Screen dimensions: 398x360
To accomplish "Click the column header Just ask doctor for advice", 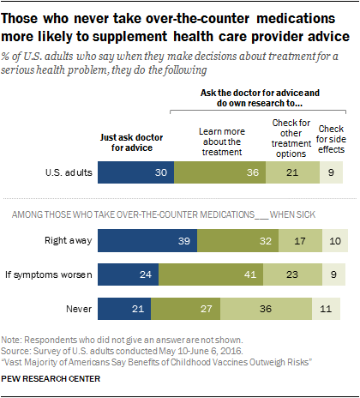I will [x=135, y=140].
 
